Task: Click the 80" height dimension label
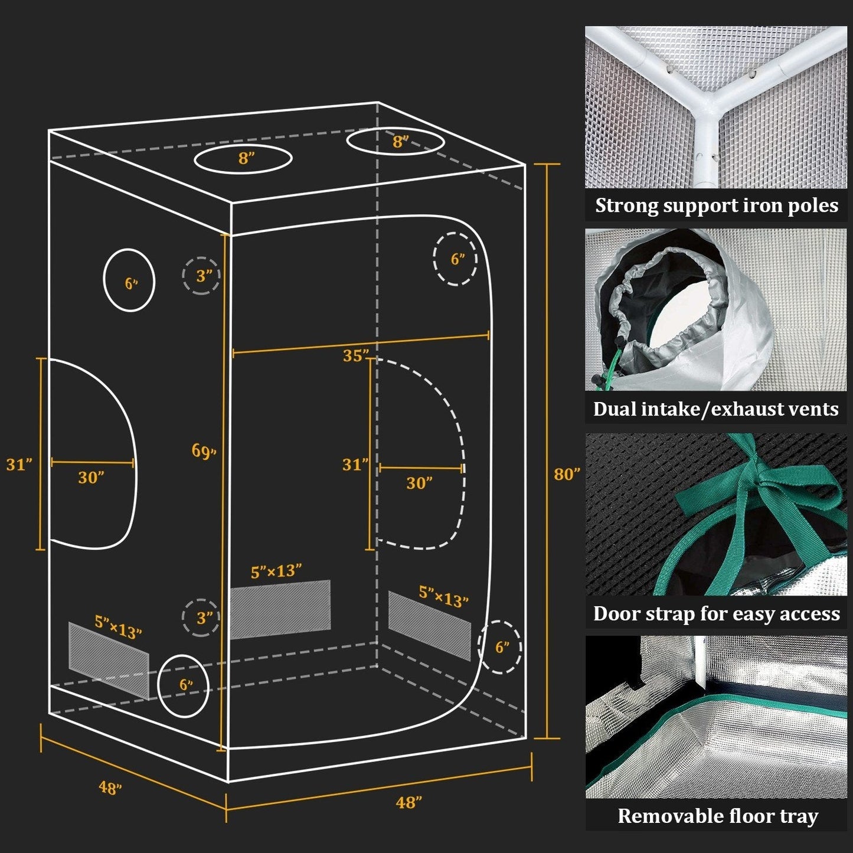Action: (x=567, y=474)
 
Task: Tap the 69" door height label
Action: (x=204, y=451)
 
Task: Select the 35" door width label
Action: (x=356, y=356)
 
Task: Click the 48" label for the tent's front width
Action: (x=408, y=802)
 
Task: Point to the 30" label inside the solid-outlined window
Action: (x=91, y=477)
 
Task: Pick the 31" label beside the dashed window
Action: (x=355, y=465)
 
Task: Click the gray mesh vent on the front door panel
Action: (x=280, y=609)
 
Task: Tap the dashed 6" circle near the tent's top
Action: (x=455, y=259)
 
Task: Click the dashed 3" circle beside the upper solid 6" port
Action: (x=201, y=276)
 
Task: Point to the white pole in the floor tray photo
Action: (x=701, y=658)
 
